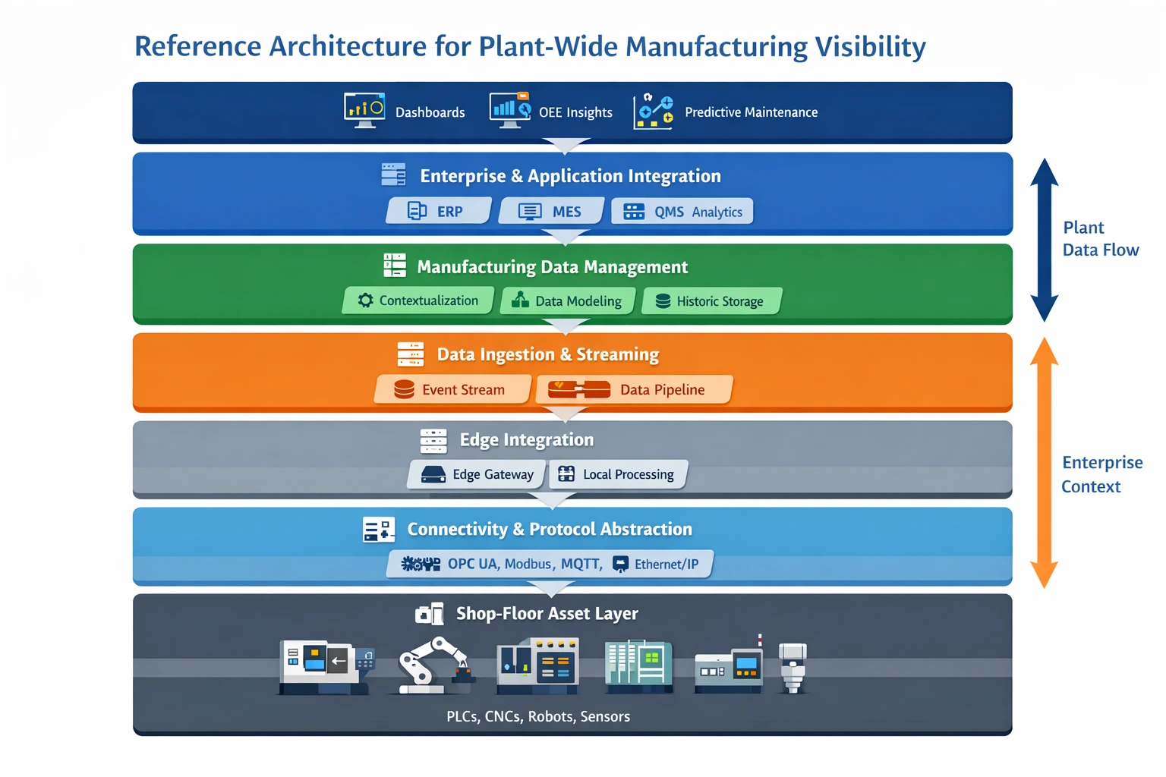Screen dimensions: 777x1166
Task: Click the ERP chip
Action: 438,211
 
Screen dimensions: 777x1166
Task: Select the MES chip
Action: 552,211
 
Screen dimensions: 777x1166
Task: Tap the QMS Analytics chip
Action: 682,212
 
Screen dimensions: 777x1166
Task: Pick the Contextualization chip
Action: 418,300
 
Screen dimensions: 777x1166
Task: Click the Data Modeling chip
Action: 568,301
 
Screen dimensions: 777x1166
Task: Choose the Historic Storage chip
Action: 711,301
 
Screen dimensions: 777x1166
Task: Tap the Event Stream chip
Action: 452,389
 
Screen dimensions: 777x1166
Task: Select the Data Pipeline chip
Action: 634,389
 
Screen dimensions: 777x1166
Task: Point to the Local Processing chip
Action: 618,474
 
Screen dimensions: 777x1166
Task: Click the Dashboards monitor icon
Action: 364,111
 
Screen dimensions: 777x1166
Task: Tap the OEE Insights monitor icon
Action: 510,111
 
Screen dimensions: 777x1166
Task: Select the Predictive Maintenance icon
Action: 654,112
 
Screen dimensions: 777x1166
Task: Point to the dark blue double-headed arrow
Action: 1044,240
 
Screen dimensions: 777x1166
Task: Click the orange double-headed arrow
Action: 1044,463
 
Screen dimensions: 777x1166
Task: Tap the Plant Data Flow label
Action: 1100,239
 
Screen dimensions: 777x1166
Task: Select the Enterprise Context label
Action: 1101,474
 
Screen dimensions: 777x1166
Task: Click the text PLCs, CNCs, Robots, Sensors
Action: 538,716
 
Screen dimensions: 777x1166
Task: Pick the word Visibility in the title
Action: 870,46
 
